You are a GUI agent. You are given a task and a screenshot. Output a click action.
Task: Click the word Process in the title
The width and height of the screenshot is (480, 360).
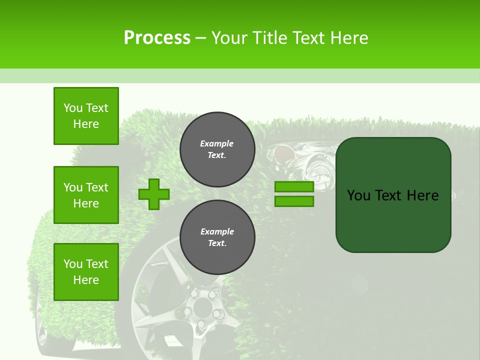tap(157, 38)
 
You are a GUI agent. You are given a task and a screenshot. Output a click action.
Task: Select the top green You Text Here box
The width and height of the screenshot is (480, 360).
tap(86, 116)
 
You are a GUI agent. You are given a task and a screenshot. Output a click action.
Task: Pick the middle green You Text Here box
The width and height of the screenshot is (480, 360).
tap(86, 195)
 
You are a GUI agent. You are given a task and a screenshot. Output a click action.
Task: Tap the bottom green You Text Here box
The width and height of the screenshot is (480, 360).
tap(86, 272)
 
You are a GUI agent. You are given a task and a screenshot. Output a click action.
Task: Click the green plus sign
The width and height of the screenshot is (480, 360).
tap(154, 194)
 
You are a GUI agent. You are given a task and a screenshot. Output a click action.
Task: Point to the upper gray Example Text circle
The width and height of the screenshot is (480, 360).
tap(217, 149)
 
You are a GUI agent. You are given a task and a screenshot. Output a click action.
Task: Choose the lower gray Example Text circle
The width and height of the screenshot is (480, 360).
tap(217, 237)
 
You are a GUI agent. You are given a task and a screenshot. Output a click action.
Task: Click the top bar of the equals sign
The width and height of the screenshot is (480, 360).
tap(294, 186)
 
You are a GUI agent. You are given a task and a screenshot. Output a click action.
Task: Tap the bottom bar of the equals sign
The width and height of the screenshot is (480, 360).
tap(294, 201)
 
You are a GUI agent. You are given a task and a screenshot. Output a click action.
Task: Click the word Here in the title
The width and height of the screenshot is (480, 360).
tap(349, 38)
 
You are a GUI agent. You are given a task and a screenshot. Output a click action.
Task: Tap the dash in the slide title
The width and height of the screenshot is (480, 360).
tap(201, 38)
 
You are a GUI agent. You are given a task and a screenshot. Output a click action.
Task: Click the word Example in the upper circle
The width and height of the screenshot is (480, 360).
tap(217, 143)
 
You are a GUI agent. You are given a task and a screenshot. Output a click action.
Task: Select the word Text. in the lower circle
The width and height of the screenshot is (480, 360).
tap(217, 243)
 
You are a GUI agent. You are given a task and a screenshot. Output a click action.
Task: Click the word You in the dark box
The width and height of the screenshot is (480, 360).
tap(358, 195)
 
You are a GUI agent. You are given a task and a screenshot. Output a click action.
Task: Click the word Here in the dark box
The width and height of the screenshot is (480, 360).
tap(422, 195)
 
